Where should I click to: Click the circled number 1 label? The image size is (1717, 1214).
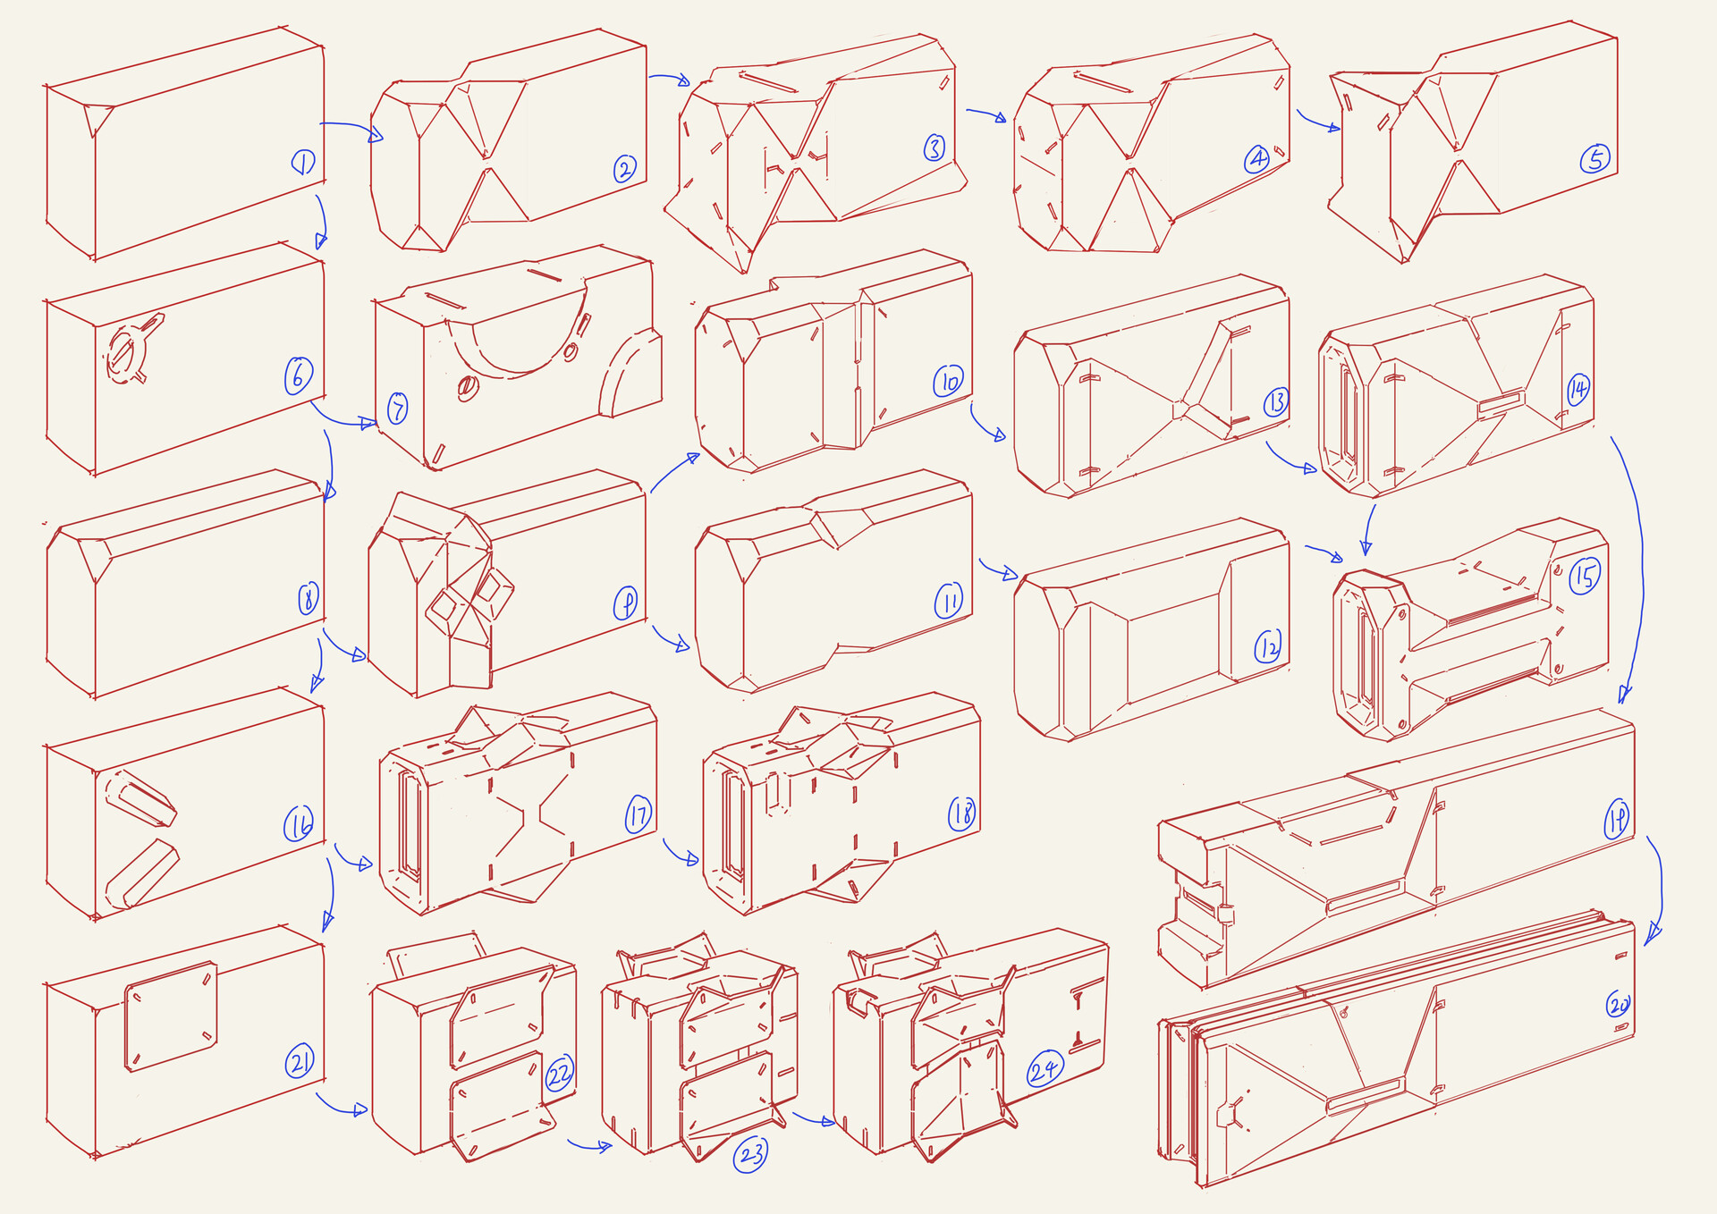tap(303, 162)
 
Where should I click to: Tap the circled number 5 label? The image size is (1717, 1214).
tap(1595, 159)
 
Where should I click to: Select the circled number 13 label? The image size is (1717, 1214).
tap(1275, 402)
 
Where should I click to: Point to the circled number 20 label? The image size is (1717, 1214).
tap(1618, 1005)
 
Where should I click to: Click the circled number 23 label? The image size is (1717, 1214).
tap(750, 1154)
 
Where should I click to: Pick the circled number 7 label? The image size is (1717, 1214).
tap(397, 409)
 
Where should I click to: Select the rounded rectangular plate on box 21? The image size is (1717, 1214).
tap(171, 1016)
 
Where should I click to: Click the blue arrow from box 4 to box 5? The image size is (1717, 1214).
tap(1317, 122)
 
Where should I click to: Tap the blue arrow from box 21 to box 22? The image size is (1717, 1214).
tap(342, 1106)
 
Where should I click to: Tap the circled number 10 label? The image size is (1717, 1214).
tap(948, 382)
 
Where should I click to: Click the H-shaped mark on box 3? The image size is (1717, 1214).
tap(792, 162)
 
